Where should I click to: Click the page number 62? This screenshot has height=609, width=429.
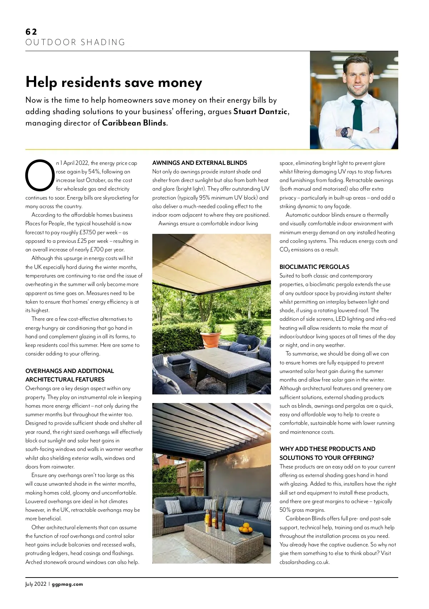tap(31, 32)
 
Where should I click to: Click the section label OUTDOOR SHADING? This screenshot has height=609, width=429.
tap(75, 43)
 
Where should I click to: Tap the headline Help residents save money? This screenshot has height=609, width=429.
tap(114, 83)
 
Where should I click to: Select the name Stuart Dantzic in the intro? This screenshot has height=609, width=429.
tap(260, 112)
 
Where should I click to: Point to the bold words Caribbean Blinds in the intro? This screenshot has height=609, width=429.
tap(134, 123)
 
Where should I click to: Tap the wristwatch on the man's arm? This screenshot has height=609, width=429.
tap(346, 132)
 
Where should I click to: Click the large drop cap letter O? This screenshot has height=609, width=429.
tap(39, 176)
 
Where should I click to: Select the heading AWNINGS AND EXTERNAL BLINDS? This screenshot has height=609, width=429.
tap(199, 163)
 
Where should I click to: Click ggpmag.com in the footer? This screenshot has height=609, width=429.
tap(67, 584)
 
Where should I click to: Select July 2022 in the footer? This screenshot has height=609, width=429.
tap(36, 584)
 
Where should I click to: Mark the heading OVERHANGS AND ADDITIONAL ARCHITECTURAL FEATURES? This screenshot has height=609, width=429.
tap(70, 375)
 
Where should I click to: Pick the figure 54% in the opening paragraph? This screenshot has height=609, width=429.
tap(93, 172)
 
